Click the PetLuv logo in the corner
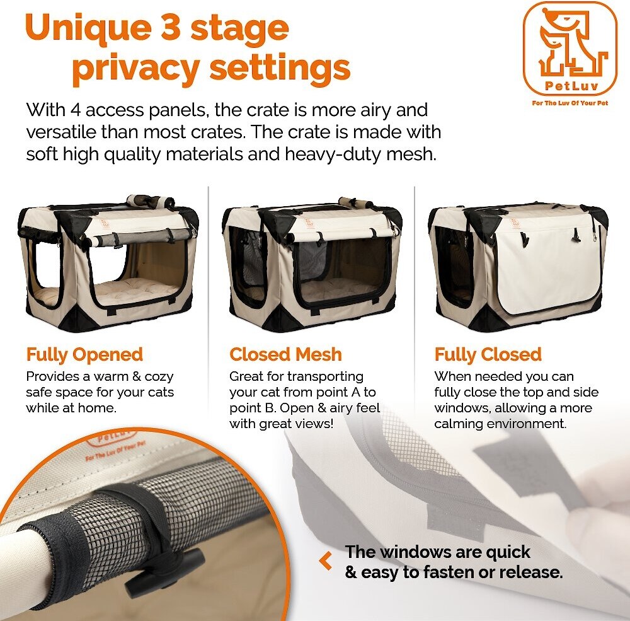(570, 49)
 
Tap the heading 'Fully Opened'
(84, 355)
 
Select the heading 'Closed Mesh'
(285, 354)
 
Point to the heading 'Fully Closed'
(488, 355)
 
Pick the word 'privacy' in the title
(135, 68)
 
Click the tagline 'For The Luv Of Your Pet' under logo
(570, 103)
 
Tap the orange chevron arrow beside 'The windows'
(326, 560)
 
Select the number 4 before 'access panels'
(75, 110)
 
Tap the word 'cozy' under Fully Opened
(159, 377)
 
